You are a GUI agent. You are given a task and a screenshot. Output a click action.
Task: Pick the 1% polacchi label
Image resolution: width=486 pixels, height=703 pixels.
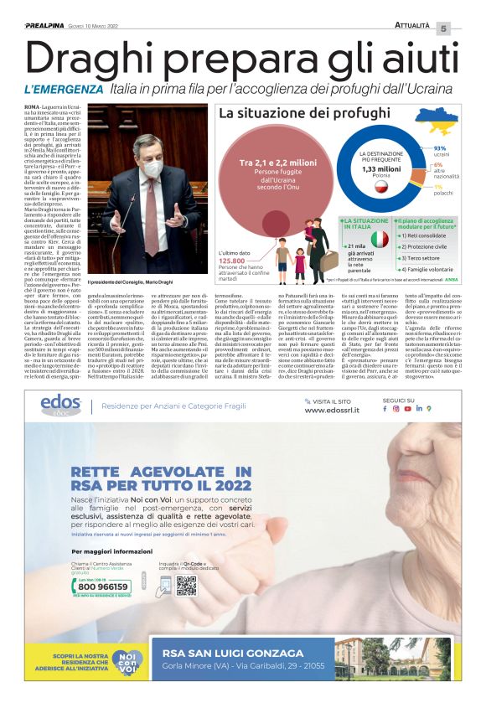tap(437, 190)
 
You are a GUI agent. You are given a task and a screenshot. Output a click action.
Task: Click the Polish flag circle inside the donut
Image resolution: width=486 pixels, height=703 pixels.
tap(381, 186)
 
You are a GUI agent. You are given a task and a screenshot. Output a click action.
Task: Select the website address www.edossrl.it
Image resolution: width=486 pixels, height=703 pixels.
tap(333, 411)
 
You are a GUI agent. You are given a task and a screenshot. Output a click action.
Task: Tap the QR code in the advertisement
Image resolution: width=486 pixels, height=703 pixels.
tap(185, 585)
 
